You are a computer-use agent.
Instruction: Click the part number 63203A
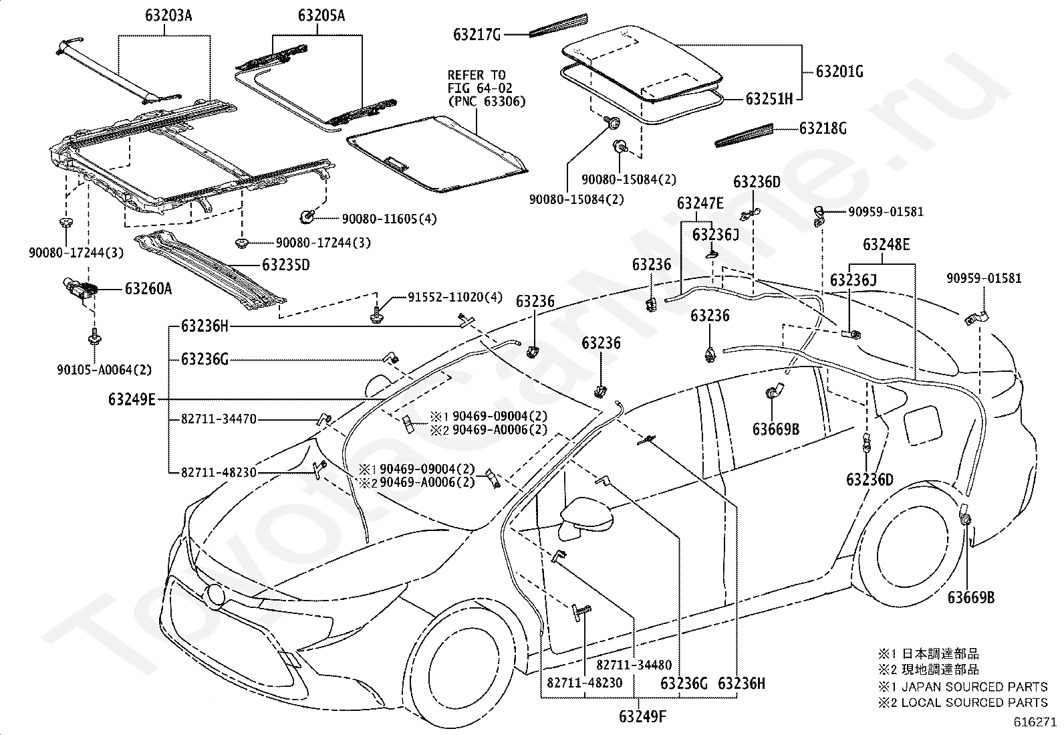tap(168, 15)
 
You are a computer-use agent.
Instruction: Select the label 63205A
tap(321, 15)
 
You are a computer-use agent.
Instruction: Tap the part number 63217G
tap(477, 35)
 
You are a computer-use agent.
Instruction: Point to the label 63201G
tap(840, 72)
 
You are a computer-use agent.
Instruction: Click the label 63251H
tap(769, 99)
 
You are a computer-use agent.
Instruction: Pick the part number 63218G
tap(823, 128)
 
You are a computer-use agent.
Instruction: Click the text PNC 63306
tap(487, 101)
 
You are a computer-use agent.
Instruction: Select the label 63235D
tap(286, 265)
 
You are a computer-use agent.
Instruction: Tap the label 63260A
tap(148, 288)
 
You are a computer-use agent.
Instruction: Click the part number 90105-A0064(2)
tap(104, 370)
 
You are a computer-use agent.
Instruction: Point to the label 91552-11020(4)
tap(455, 297)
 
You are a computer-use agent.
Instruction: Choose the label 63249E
tap(132, 399)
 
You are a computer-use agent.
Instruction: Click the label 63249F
tap(643, 716)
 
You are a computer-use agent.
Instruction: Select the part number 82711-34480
tap(634, 665)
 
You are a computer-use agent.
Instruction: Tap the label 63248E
tap(886, 244)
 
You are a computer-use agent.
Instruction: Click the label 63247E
tap(700, 203)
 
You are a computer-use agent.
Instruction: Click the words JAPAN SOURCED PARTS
tap(974, 687)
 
